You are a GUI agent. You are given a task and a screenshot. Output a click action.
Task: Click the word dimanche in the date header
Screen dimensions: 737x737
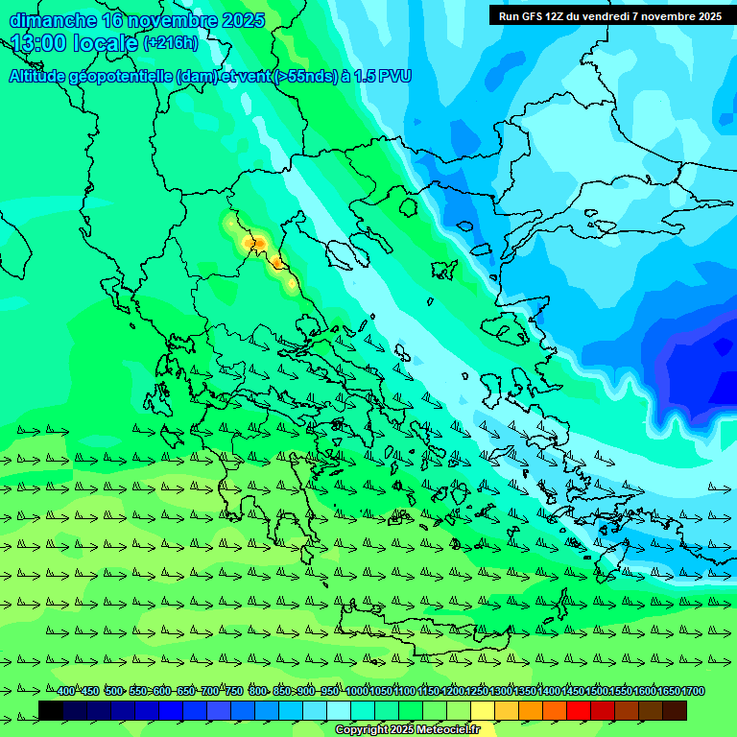click(53, 20)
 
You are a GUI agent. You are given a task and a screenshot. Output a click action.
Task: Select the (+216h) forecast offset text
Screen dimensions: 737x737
click(171, 42)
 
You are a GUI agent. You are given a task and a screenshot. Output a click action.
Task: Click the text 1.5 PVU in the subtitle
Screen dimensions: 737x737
click(381, 76)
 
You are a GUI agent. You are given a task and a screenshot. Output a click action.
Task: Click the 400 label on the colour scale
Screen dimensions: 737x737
click(65, 692)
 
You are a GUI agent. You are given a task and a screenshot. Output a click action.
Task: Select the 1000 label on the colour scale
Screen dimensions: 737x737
click(357, 692)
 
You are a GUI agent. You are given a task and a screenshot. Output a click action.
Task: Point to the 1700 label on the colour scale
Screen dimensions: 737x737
click(693, 692)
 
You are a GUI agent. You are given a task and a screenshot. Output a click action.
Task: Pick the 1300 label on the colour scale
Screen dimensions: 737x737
click(501, 692)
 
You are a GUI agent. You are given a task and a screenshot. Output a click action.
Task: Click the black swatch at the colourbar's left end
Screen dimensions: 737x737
click(51, 710)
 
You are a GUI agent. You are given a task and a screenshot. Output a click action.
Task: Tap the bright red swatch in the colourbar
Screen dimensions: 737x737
click(579, 710)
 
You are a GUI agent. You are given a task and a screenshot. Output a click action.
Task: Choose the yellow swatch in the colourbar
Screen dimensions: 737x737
click(483, 710)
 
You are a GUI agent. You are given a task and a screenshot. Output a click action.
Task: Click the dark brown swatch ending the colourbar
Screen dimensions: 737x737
click(675, 710)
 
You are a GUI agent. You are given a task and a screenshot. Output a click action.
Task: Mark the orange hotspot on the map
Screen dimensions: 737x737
click(257, 244)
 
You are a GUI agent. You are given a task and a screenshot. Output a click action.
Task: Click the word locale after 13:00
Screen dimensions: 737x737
click(106, 42)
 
